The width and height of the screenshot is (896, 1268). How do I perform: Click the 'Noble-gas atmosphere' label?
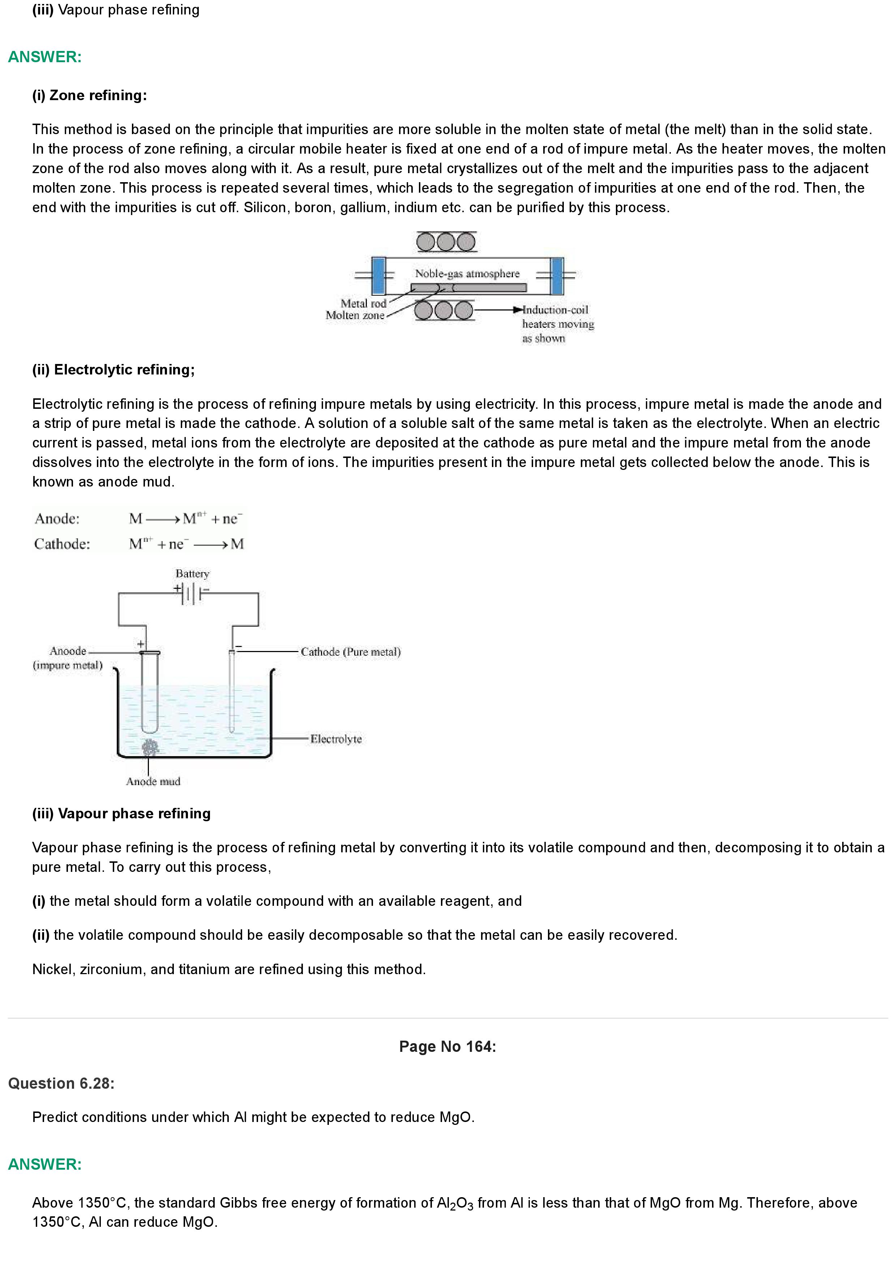point(467,273)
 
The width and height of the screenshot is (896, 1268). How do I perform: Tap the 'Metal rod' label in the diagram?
point(363,303)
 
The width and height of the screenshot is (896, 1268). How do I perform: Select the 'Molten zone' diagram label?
point(355,315)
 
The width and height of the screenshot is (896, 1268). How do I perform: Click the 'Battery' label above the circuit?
point(192,574)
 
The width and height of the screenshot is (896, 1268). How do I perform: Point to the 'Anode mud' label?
point(153,781)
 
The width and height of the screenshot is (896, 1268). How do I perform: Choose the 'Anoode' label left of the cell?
point(68,651)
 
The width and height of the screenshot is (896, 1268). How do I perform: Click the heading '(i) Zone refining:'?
point(89,95)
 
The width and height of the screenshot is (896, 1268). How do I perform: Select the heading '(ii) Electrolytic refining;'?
point(113,369)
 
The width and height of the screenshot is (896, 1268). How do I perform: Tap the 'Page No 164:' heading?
point(447,1046)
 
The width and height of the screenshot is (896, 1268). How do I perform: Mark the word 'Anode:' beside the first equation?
point(57,519)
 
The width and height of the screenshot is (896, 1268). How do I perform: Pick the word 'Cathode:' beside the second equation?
point(62,544)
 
